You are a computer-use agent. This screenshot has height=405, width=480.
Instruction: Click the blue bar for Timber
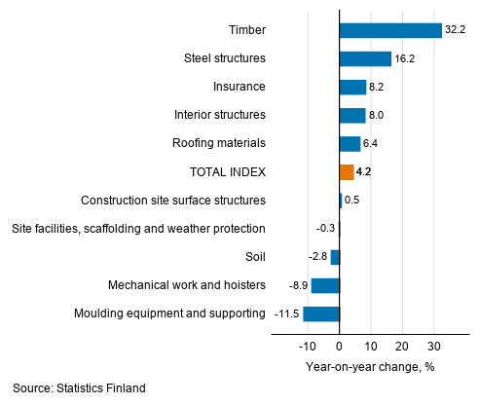pyautogui.click(x=389, y=30)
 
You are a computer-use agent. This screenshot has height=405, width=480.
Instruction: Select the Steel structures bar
pyautogui.click(x=364, y=58)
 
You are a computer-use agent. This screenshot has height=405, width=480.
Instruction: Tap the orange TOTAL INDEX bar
pyautogui.click(x=346, y=172)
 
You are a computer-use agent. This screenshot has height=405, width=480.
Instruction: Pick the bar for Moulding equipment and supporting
pyautogui.click(x=321, y=313)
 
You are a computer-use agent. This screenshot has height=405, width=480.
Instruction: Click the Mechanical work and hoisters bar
pyautogui.click(x=325, y=285)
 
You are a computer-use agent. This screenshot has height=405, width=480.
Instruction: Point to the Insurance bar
pyautogui.click(x=351, y=87)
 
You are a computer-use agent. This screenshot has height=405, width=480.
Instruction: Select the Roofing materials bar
pyautogui.click(x=349, y=144)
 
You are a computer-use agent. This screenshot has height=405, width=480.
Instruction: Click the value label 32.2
pyautogui.click(x=456, y=30)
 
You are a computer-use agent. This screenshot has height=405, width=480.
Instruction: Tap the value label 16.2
pyautogui.click(x=405, y=58)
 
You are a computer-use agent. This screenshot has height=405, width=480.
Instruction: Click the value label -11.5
pyautogui.click(x=285, y=313)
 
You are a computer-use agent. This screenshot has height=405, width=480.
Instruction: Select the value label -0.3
pyautogui.click(x=326, y=229)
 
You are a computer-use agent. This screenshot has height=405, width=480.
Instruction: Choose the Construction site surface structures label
pyautogui.click(x=173, y=201)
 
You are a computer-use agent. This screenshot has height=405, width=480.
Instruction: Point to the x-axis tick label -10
pyautogui.click(x=307, y=346)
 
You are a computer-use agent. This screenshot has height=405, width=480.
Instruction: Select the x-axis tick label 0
pyautogui.click(x=339, y=346)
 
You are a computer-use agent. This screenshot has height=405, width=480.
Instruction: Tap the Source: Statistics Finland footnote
pyautogui.click(x=79, y=387)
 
